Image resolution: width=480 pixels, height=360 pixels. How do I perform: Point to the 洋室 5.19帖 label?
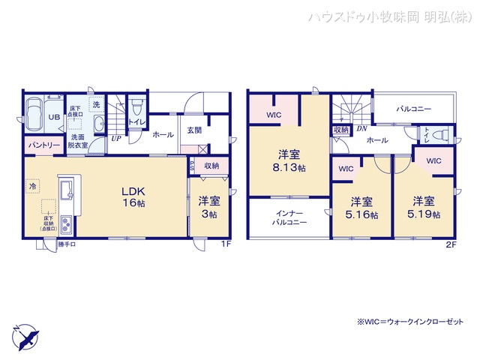coord(424,207)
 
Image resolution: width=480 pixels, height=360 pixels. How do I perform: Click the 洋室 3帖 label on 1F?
coord(208,207)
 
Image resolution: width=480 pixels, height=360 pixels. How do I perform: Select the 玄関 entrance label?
coord(194,130)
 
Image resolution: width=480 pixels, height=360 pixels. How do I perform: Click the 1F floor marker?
coord(225,244)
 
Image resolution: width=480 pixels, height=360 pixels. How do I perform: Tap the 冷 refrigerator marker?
coord(33,184)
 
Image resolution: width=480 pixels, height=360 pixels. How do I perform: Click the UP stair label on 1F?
coord(116,138)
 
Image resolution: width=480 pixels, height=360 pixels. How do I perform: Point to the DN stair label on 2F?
coord(361,129)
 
